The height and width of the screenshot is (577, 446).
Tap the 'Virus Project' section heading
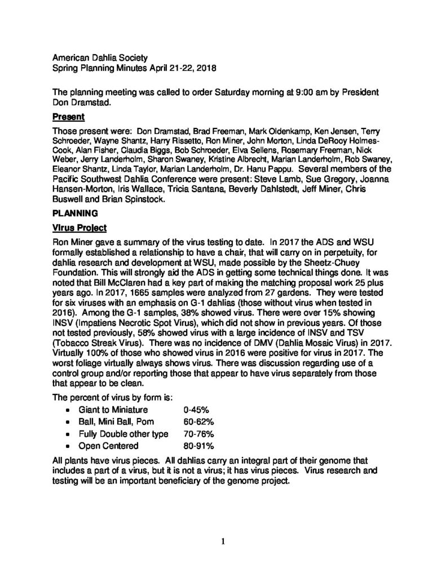[x=77, y=229]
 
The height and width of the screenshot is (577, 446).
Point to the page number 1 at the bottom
[x=223, y=542]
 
